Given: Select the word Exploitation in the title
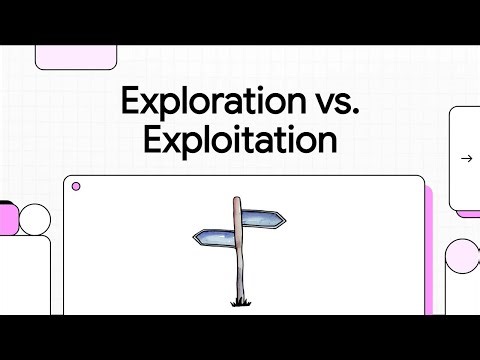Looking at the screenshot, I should point(240,138).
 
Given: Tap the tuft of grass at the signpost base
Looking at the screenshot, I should point(240,301).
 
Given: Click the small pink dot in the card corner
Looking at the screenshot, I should point(76,186).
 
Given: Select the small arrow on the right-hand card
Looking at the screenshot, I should point(465,158).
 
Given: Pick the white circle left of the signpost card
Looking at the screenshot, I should point(35,219).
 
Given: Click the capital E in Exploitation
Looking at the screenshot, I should point(153,138).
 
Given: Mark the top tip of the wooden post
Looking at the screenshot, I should point(237,200).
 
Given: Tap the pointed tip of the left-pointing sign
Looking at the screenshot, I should point(194,238).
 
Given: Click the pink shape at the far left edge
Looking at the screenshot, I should point(7,217).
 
